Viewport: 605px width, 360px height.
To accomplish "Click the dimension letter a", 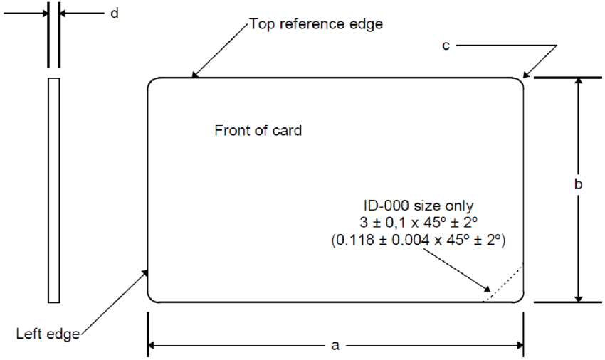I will [335, 346].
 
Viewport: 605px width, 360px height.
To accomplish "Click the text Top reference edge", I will [316, 24].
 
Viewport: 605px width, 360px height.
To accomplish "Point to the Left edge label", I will [48, 332].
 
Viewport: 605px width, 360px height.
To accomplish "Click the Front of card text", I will [258, 131].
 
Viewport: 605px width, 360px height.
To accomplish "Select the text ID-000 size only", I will [418, 206].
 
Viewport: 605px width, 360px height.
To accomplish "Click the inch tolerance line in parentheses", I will [418, 241].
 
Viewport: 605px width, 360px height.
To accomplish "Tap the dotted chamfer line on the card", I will [504, 283].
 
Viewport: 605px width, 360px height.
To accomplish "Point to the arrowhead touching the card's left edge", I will [146, 272].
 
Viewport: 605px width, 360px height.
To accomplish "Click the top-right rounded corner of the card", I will [519, 83].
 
